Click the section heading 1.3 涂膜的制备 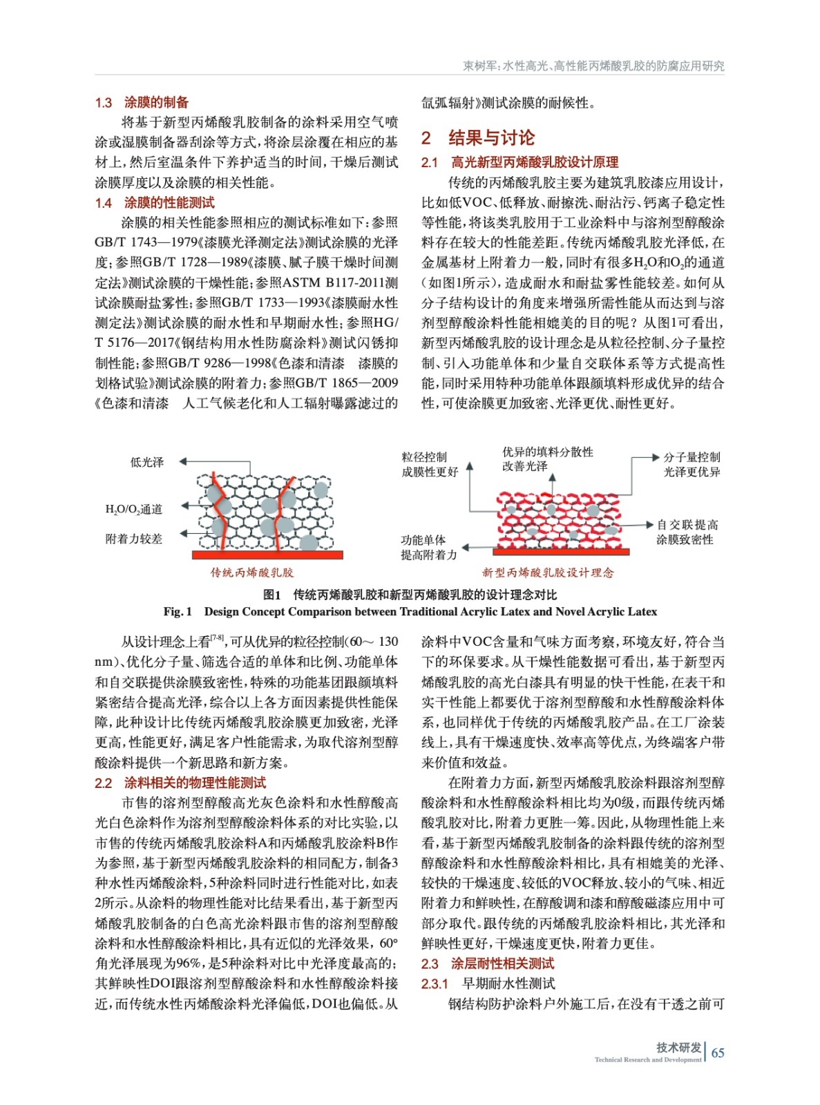tap(142, 103)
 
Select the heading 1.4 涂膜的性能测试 tap(155, 203)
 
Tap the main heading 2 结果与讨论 tap(478, 138)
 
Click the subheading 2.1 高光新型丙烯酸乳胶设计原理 tap(519, 163)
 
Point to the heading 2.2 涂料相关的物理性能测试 tap(180, 783)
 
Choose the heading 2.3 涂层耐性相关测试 tap(488, 964)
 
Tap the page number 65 tap(718, 1053)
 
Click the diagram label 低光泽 tap(147, 463)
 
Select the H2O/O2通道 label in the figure tap(134, 510)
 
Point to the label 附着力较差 tap(134, 539)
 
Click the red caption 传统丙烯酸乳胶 tap(252, 573)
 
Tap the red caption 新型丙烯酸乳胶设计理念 tap(548, 573)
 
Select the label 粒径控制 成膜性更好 tap(430, 465)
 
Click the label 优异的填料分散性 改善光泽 tap(547, 459)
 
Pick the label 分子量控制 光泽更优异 tap(692, 465)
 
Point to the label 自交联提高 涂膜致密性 tap(687, 532)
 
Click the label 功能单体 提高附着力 tap(428, 548)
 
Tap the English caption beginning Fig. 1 tap(410, 612)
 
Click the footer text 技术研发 tap(678, 1048)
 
